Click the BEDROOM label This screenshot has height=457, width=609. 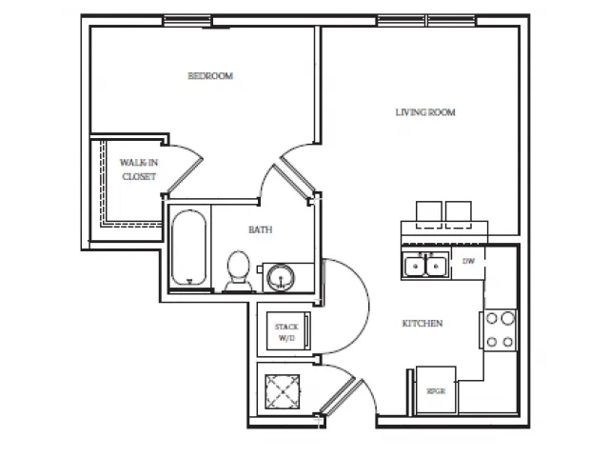[x=210, y=76]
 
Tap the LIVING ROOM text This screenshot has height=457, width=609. [x=425, y=112]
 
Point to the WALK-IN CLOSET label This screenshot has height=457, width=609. [x=139, y=169]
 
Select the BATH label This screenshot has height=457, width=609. [x=260, y=229]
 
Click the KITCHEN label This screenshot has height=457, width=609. [x=422, y=324]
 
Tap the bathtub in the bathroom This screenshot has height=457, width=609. [x=188, y=248]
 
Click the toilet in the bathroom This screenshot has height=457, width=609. [x=239, y=270]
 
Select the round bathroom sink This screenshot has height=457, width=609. [x=281, y=277]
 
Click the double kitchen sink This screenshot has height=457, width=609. [x=425, y=266]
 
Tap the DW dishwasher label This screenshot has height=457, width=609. [x=468, y=261]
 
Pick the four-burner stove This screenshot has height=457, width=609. [x=500, y=330]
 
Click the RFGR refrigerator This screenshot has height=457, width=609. [x=436, y=389]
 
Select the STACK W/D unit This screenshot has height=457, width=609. [x=288, y=331]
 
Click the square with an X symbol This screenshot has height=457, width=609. [x=283, y=391]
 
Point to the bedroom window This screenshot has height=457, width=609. [x=187, y=21]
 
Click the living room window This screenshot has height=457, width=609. [x=427, y=21]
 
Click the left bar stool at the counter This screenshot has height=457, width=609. [x=429, y=214]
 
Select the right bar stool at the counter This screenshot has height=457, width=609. [x=459, y=214]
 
